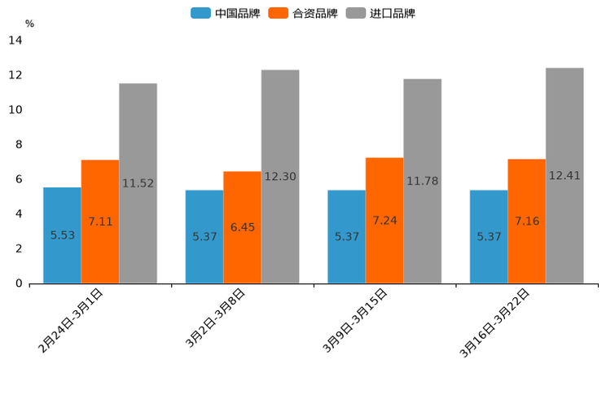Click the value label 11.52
[138, 183]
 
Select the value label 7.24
[384, 221]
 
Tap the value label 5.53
[63, 235]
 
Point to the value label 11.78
[423, 181]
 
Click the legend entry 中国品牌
[226, 13]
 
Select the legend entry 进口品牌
[380, 13]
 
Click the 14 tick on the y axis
[15, 40]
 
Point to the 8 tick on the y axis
[18, 144]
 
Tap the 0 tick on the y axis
[18, 283]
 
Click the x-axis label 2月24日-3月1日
[71, 320]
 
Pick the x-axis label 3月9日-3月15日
[355, 321]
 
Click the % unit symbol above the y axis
[29, 24]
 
